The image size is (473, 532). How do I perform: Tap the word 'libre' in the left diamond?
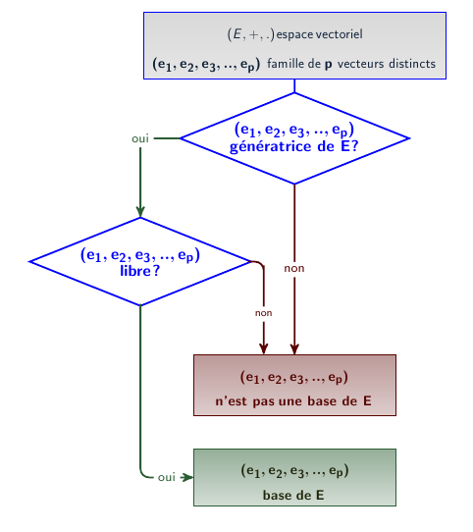(x=135, y=271)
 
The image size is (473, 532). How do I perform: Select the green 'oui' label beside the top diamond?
(x=140, y=138)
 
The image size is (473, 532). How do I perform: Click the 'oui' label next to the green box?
(x=166, y=477)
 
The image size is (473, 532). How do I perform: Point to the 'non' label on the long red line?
(x=294, y=268)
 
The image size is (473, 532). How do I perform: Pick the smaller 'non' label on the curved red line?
(x=264, y=313)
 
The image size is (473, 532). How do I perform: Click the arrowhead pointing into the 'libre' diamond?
(x=140, y=211)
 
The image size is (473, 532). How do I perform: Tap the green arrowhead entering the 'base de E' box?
(x=187, y=477)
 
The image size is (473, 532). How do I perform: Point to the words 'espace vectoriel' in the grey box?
(x=319, y=34)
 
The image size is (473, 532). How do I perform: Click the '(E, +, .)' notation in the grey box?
(x=251, y=34)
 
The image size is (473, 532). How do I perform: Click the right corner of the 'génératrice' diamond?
(x=409, y=138)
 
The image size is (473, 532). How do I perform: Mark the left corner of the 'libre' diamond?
(x=29, y=262)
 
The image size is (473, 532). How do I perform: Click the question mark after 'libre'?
(x=156, y=271)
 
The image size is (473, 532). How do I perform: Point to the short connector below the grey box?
(x=294, y=85)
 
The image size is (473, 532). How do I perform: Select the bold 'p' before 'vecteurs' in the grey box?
(x=328, y=65)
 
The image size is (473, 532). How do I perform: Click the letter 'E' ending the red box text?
(x=367, y=401)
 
